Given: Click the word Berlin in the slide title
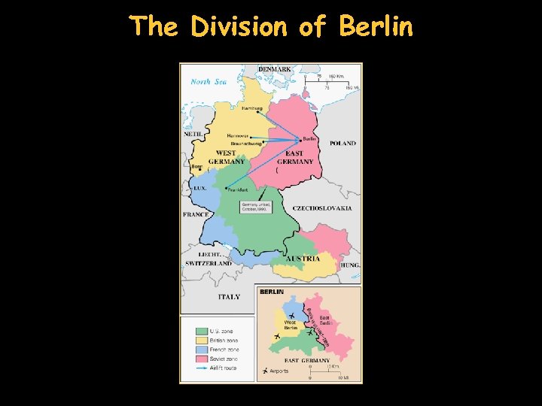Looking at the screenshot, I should click(x=376, y=26).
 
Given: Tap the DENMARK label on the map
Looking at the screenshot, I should click(x=275, y=69).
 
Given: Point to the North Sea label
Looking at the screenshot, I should click(x=209, y=81).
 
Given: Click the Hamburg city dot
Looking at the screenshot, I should click(x=258, y=113).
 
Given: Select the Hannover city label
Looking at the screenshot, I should click(x=239, y=136).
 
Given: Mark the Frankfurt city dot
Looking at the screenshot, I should click(x=226, y=188).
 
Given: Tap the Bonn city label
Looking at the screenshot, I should click(x=197, y=167).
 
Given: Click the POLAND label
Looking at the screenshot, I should click(x=343, y=143).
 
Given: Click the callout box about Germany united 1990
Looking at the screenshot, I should click(x=255, y=206).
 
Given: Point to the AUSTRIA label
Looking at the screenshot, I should click(x=307, y=259).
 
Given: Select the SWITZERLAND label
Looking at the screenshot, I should click(x=209, y=264).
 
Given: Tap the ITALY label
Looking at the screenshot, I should click(x=229, y=296).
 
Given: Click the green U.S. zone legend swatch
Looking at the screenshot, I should click(x=201, y=331).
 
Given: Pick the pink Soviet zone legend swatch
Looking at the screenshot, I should click(x=201, y=359).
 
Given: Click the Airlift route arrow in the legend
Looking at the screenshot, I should click(x=201, y=368).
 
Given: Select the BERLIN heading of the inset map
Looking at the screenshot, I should click(x=272, y=291).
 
